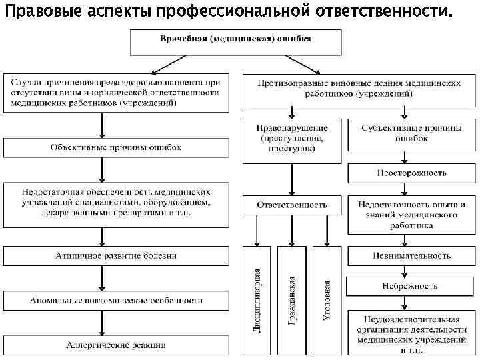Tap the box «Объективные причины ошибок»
[115, 147]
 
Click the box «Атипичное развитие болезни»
[115, 255]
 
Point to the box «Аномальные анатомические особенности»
[115, 301]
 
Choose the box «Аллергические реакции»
[115, 345]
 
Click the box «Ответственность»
[292, 205]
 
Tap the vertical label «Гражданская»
[292, 301]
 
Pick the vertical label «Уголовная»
[327, 301]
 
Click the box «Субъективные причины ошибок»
[411, 133]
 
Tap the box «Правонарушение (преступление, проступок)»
[292, 139]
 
